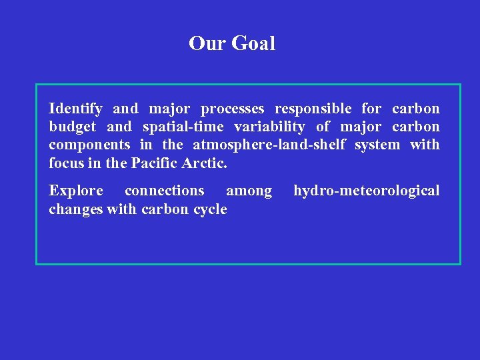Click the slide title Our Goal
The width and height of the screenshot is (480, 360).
point(231,44)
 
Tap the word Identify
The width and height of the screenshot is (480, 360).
point(75,109)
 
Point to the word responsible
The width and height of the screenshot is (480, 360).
point(313,109)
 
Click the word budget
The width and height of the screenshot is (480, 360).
point(73,127)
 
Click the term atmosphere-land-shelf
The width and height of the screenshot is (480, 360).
point(268,145)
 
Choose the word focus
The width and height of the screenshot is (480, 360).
point(65,163)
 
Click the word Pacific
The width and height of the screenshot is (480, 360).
point(156,163)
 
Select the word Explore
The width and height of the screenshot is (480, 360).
point(75,191)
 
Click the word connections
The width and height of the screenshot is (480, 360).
point(165,191)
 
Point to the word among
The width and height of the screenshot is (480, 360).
point(249,191)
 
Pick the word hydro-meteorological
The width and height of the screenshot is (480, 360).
point(366,191)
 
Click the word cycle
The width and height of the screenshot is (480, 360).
point(210,209)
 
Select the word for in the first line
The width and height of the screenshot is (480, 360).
point(371,109)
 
